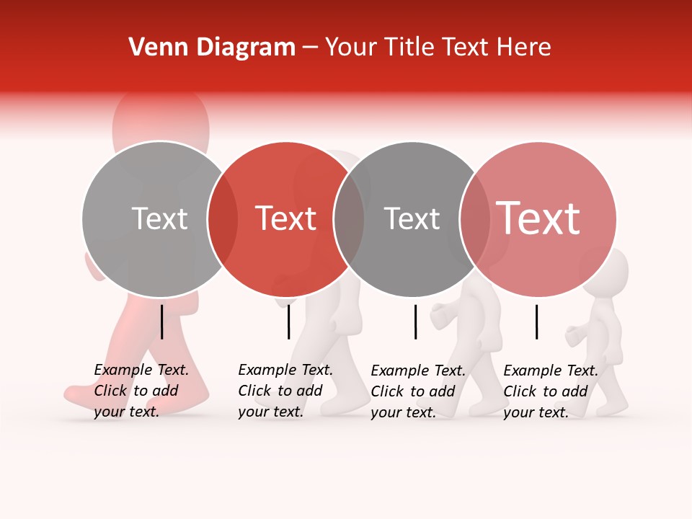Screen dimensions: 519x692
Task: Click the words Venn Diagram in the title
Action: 212,48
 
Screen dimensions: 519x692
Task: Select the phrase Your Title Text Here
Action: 438,48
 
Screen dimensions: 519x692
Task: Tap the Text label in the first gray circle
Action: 159,218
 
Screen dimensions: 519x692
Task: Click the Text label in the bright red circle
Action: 285,218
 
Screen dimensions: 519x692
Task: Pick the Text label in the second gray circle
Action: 412,218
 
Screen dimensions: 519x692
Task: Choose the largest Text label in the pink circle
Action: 538,218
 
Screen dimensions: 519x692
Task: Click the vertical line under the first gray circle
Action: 161,321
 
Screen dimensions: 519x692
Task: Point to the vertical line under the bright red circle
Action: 288,321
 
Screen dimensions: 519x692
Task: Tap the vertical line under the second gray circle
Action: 415,321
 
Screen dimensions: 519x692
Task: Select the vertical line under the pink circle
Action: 536,321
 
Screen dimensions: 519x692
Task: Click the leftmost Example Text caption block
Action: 141,391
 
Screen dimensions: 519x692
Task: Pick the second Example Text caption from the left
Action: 285,391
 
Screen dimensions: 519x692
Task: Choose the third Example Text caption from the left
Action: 417,391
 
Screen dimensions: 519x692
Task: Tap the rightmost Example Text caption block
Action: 550,391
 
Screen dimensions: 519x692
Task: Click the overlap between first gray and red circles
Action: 222,219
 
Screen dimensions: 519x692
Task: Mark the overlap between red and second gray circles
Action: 349,219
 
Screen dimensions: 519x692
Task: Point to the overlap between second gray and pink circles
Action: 475,219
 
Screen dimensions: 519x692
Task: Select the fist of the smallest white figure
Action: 574,336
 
